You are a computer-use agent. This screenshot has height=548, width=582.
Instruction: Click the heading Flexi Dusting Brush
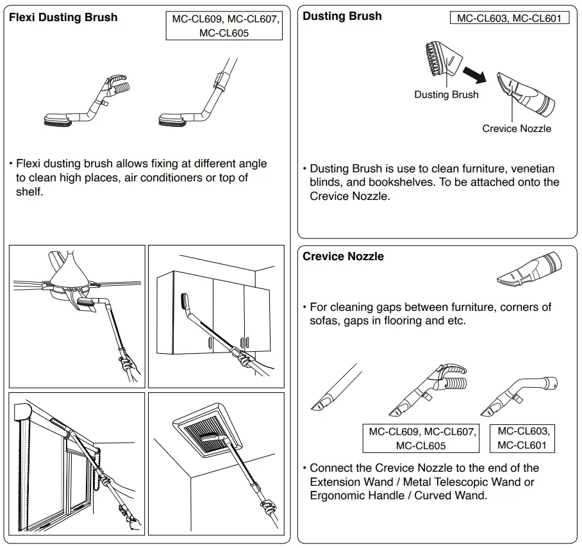tap(63, 17)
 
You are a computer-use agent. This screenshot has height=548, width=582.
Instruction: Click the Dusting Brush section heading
tap(342, 16)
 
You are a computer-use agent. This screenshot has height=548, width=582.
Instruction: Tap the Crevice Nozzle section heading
tap(343, 256)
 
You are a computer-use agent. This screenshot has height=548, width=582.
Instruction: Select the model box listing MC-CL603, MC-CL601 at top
tap(509, 19)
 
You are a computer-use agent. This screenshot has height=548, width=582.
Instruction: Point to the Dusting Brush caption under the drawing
tap(446, 95)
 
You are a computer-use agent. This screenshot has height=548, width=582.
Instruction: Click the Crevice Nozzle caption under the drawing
tap(516, 129)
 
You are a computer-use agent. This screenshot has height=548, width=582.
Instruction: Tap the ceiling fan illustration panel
tap(77, 316)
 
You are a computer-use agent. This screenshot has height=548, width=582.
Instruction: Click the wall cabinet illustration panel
tap(216, 316)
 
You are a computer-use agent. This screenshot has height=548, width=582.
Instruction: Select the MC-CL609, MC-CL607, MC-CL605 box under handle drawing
tap(422, 438)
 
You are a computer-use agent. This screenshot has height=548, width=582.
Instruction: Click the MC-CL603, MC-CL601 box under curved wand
tap(523, 438)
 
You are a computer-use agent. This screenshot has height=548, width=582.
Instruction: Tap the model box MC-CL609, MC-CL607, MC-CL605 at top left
tap(224, 26)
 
